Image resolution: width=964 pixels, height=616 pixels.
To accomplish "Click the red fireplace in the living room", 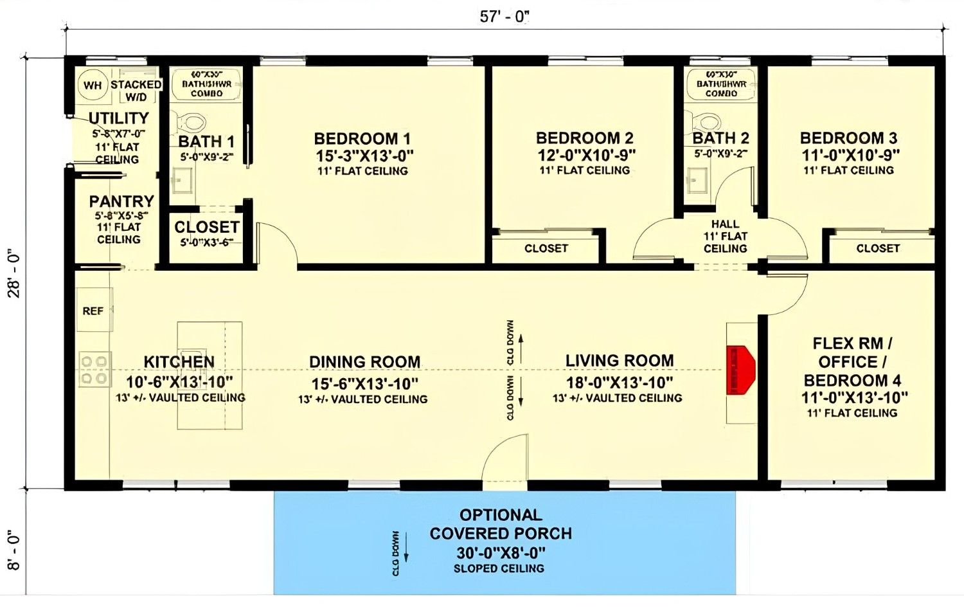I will (740, 370).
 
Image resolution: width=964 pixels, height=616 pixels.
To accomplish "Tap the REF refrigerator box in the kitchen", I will (93, 311).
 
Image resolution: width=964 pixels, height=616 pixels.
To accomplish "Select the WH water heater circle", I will (93, 85).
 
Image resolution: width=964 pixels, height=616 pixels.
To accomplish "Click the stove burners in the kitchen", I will (94, 370).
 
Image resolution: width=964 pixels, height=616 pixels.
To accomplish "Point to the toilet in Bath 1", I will (192, 121).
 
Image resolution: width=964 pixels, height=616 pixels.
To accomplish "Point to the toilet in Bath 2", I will (706, 121).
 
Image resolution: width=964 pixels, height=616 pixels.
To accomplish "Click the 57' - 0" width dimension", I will (504, 17).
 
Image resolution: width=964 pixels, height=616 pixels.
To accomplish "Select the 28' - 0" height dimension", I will (14, 273).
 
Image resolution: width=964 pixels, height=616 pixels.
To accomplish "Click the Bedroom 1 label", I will (362, 139).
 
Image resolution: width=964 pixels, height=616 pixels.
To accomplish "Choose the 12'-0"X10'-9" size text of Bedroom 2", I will (585, 155).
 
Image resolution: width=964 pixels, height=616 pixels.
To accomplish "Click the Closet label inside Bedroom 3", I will (878, 248).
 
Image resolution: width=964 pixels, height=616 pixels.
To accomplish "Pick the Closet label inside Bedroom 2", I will (546, 248).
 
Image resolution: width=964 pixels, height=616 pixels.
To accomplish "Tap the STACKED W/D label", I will (136, 91).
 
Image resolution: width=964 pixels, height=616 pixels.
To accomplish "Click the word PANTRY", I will (121, 201).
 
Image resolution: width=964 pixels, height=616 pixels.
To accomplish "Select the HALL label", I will (725, 224).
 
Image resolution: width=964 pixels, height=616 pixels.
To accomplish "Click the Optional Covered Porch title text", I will (501, 524).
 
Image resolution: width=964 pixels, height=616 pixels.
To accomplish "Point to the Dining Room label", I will (364, 362).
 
